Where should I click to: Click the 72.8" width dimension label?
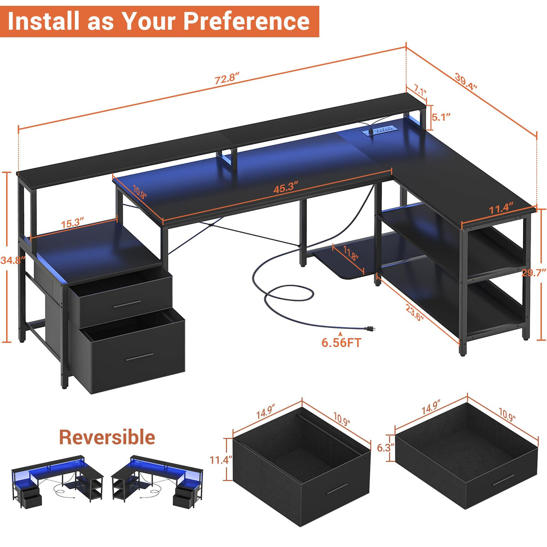pos(226,78)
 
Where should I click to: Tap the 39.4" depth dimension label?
pos(465,81)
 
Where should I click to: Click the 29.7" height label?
pos(534,272)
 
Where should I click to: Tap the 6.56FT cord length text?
pos(341,343)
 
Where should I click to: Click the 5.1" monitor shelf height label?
pos(441,117)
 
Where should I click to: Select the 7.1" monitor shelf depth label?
pos(420,91)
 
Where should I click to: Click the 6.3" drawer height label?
pos(386,447)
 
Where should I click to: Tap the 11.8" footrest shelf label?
pos(351,254)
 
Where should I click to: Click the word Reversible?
pos(107,437)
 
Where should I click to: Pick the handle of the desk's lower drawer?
pos(139,357)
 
